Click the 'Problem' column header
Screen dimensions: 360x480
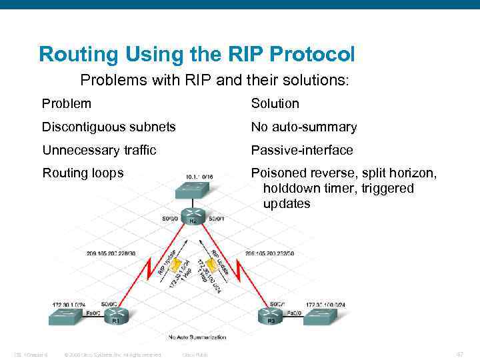(67, 103)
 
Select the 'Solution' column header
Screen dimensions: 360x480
(275, 103)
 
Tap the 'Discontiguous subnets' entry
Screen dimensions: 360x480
(109, 127)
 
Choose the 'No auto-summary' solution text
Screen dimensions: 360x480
(303, 127)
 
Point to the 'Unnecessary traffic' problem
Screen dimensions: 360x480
(99, 150)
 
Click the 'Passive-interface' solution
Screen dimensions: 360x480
(302, 150)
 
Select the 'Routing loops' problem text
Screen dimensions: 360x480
(83, 173)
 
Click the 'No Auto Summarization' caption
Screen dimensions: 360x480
(197, 337)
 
